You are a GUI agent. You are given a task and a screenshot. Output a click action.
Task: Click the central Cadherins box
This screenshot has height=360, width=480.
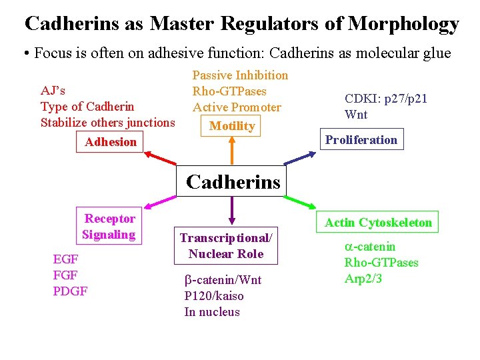pos(232,181)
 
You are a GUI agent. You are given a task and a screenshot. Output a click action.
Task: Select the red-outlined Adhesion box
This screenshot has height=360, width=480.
pos(111,141)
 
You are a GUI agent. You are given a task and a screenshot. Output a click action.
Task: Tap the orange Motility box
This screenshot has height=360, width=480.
pos(232,125)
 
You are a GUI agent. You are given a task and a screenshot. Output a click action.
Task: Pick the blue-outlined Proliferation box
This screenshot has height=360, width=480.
pos(361,140)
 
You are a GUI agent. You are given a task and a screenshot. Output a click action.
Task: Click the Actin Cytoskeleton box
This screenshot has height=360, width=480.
pos(378,223)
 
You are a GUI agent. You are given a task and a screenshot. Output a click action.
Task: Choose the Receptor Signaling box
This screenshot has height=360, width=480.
pos(109,227)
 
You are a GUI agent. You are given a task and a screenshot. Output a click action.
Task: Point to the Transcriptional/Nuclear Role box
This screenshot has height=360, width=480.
pos(226,245)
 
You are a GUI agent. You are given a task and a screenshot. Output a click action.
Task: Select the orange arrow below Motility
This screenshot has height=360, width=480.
pos(231,151)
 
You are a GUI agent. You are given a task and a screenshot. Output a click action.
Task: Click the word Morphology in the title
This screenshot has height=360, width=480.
pos(404,24)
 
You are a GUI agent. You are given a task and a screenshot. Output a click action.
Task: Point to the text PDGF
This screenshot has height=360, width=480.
pos(70,291)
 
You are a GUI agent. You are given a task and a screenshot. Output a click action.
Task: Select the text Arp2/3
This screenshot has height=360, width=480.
pos(363,279)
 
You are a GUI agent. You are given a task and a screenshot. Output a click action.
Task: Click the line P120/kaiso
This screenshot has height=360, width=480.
pos(214,296)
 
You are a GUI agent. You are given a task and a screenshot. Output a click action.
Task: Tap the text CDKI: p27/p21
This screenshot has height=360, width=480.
pos(386,99)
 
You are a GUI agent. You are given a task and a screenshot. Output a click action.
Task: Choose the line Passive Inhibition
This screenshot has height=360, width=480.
pos(240,75)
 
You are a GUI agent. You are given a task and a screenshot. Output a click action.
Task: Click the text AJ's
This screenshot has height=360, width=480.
pos(53,90)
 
